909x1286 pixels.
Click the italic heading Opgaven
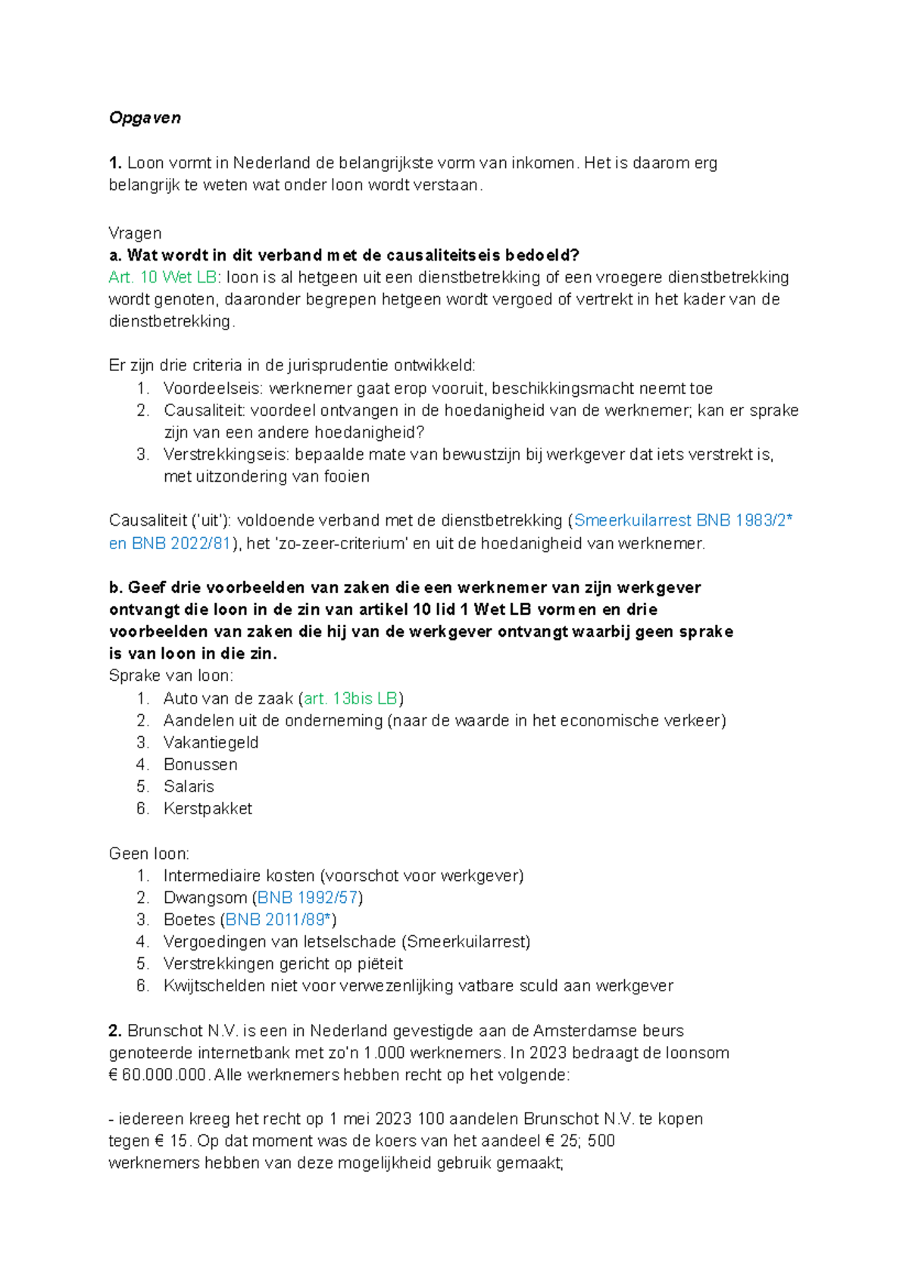coord(145,118)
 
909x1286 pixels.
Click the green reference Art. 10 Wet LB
coord(162,278)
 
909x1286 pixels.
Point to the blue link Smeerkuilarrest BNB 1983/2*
coord(683,521)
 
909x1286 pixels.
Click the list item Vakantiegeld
coord(211,742)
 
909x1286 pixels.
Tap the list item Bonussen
coord(200,764)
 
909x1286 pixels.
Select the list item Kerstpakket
coord(208,809)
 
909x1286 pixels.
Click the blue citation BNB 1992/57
coord(308,897)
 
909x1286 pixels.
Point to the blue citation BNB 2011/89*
coord(278,919)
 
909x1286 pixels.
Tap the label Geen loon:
coord(149,854)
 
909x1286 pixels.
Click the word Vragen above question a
coord(135,233)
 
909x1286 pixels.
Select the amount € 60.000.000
coord(158,1075)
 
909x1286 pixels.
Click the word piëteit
coord(377,964)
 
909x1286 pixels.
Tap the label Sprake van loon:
coord(171,676)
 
